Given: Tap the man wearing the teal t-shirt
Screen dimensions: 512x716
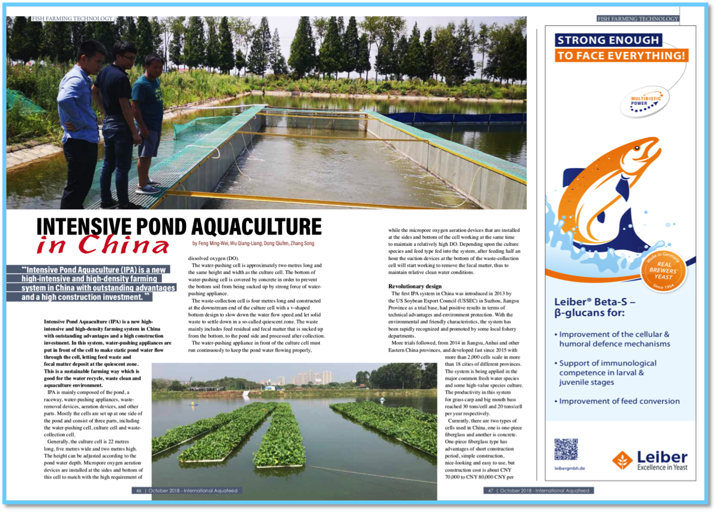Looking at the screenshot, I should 148,114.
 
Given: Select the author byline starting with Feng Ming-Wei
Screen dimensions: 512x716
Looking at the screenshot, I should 253,243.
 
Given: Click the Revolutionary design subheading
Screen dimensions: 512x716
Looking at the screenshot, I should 415,286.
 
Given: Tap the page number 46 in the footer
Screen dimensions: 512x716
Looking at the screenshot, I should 139,490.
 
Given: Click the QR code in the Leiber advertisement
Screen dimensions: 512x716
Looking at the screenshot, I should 566,449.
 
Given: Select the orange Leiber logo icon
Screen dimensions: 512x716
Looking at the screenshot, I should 622,460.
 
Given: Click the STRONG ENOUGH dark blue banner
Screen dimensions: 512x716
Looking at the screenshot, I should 607,41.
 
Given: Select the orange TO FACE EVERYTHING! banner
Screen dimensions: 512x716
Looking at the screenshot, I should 621,56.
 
